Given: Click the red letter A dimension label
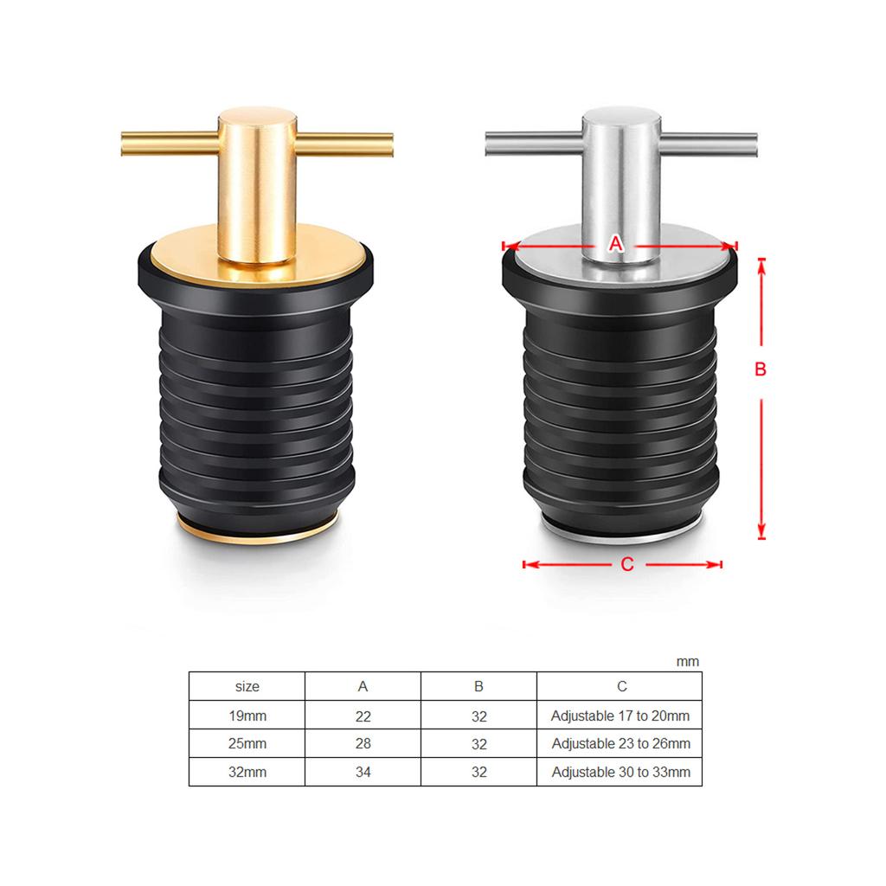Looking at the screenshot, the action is (x=615, y=244).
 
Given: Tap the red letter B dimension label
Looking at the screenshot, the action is (x=761, y=369).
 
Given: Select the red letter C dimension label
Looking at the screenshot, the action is (x=627, y=564).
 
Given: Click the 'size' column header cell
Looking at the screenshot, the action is (x=247, y=686).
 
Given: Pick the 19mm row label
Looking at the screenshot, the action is (x=247, y=716).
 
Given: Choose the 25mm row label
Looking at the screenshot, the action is (x=247, y=743).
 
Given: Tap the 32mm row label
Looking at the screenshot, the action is (x=247, y=772).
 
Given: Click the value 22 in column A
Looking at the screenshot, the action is (x=363, y=716).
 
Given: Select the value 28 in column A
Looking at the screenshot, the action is (x=363, y=743).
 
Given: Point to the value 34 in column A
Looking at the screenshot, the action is (x=363, y=772).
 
